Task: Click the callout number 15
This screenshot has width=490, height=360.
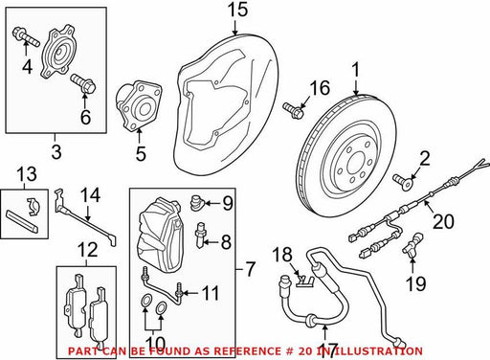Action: [x=237, y=11]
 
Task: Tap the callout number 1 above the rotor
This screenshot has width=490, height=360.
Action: [x=355, y=70]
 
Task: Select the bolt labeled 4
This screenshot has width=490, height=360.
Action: [x=26, y=37]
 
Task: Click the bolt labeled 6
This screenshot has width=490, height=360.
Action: [x=83, y=83]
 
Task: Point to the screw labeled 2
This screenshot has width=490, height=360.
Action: [x=403, y=182]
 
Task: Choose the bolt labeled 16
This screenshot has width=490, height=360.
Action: [x=294, y=110]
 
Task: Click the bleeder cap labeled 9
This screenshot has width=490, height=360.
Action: [x=195, y=202]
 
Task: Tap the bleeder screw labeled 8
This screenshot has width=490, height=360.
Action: [x=200, y=235]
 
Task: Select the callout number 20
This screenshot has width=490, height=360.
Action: [x=443, y=221]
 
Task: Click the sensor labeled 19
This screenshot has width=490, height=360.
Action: [x=413, y=244]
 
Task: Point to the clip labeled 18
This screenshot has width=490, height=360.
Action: [x=305, y=281]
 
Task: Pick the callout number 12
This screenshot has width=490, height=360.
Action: [x=88, y=250]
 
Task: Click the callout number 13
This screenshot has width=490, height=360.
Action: [x=27, y=174]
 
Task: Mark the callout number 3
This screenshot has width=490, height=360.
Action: [x=56, y=151]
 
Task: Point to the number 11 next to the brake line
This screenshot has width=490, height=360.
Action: [x=211, y=293]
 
